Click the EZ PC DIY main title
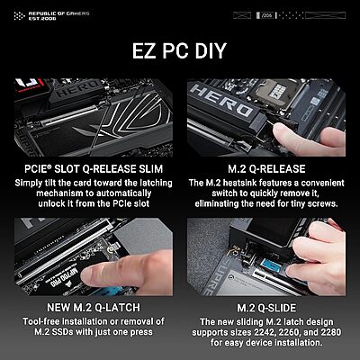click(179, 50)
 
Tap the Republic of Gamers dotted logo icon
click(20, 16)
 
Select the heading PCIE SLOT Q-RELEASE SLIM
click(94, 169)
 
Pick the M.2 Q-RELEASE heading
click(266, 169)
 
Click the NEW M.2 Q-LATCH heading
click(94, 308)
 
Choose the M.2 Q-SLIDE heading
click(266, 308)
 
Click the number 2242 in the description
click(265, 332)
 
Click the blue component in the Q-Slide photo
click(271, 265)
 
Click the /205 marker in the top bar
click(265, 15)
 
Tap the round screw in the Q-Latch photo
click(113, 247)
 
